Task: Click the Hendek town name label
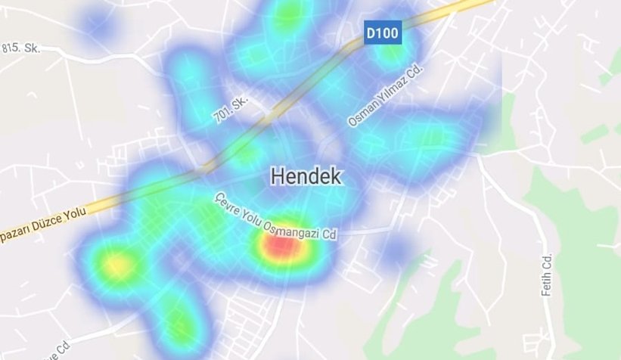(x=306, y=177)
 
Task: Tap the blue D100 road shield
(x=383, y=33)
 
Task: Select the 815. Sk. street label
(x=20, y=48)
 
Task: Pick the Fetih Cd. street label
(x=548, y=274)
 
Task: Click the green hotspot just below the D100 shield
(x=392, y=54)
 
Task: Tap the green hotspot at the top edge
(x=287, y=13)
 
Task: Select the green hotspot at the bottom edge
(x=179, y=327)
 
